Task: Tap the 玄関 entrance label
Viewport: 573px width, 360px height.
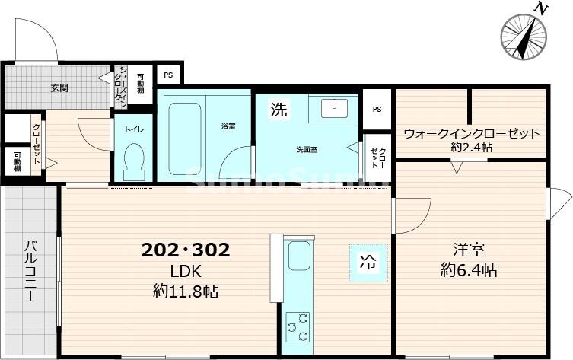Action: [x=59, y=88]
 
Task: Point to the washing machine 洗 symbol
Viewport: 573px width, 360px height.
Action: [x=279, y=110]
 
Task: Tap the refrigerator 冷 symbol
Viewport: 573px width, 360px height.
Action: [x=368, y=264]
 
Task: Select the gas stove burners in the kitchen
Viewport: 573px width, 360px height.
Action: [x=297, y=327]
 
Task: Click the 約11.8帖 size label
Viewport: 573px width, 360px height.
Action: [x=185, y=291]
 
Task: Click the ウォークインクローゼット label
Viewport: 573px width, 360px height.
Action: [x=471, y=133]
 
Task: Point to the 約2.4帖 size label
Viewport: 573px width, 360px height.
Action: [x=471, y=147]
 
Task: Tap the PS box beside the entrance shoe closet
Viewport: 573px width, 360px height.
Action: [x=168, y=75]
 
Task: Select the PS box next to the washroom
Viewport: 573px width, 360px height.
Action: [x=377, y=108]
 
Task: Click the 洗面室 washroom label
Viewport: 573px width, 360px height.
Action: [x=307, y=150]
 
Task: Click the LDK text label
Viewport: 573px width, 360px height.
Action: [x=185, y=272]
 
